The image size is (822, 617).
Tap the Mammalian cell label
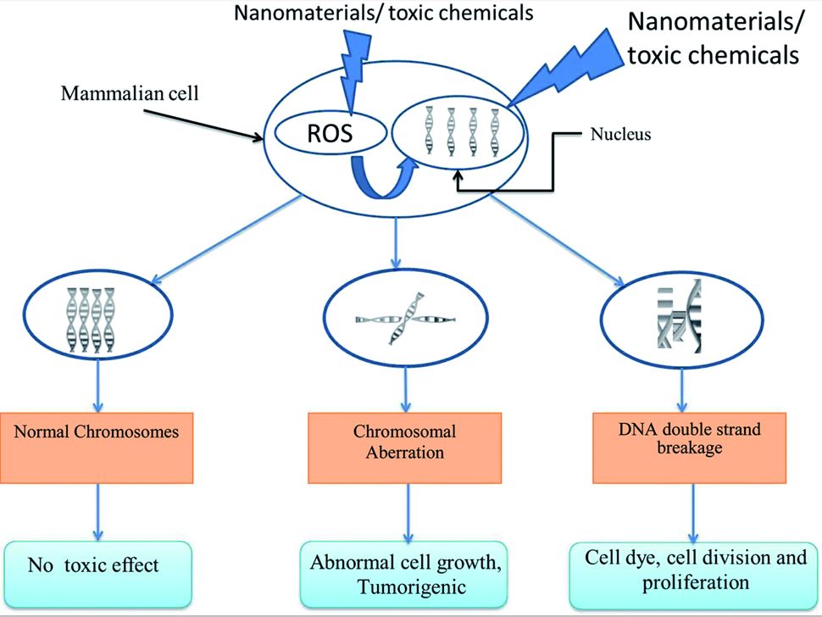tap(130, 92)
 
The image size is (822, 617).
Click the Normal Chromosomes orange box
tap(98, 431)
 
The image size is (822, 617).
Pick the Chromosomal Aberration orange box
tap(404, 442)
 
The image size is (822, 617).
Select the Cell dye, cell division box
tap(695, 570)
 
